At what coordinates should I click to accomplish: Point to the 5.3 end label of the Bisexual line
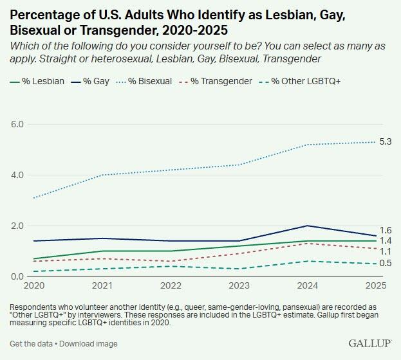pyautogui.click(x=386, y=141)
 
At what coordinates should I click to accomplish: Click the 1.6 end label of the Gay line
pyautogui.click(x=386, y=230)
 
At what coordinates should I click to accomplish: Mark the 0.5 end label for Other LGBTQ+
pyautogui.click(x=386, y=263)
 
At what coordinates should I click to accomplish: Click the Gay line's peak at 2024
pyautogui.click(x=308, y=226)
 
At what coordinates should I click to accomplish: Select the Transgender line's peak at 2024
pyautogui.click(x=308, y=243)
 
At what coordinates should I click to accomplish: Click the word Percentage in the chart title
pyautogui.click(x=42, y=14)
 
